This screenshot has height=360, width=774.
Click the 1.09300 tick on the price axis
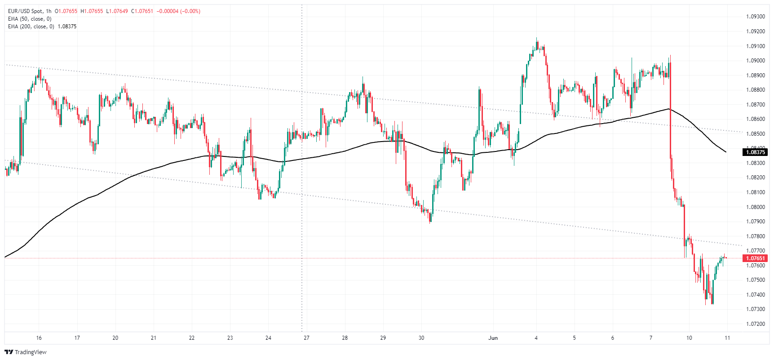point(755,17)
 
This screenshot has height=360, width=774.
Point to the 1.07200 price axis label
point(755,324)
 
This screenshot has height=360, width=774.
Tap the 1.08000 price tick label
point(755,207)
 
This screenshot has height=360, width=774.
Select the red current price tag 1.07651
point(755,258)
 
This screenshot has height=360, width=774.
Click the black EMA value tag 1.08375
point(755,152)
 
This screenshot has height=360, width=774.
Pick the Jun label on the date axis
point(493,338)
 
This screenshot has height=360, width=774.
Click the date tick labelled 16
point(39,338)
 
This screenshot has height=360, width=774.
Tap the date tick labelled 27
point(306,338)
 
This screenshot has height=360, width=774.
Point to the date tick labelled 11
point(727,338)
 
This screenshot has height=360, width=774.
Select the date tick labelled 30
point(421,338)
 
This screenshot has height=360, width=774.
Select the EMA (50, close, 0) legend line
point(30,19)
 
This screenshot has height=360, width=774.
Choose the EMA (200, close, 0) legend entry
point(31,27)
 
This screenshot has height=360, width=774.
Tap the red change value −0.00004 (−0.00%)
point(179,11)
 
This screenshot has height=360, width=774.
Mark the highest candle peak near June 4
point(537,38)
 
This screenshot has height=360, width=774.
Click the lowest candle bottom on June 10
point(706,305)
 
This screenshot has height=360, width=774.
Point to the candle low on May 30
point(430,223)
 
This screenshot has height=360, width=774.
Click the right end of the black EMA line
point(726,152)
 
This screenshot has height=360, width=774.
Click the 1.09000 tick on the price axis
point(755,61)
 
